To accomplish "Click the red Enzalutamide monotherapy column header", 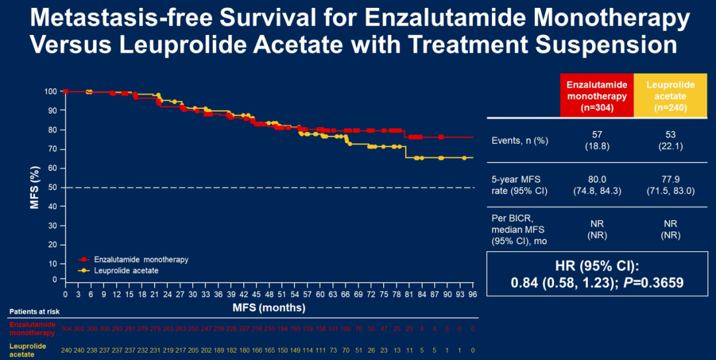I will tap(597, 96).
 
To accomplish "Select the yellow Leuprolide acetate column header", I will tap(670, 96).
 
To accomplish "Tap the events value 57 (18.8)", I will tap(597, 141).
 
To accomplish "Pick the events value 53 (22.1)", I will tap(670, 141).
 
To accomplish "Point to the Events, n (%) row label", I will tap(517, 141).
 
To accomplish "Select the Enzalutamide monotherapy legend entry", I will tap(139, 260).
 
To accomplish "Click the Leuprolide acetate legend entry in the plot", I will tap(125, 270).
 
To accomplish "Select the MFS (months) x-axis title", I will tap(268, 308).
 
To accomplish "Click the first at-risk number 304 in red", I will tap(66, 328).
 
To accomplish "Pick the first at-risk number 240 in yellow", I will tap(66, 349).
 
